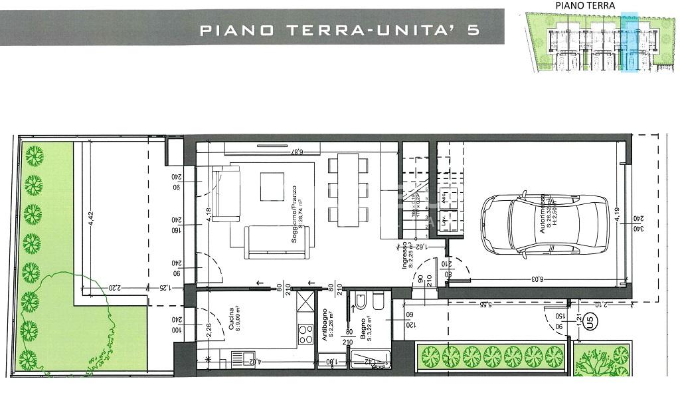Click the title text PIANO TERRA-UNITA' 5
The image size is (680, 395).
pos(339,30)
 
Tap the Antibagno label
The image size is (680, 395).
pos(326,326)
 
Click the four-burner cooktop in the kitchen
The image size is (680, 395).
pos(305,332)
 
